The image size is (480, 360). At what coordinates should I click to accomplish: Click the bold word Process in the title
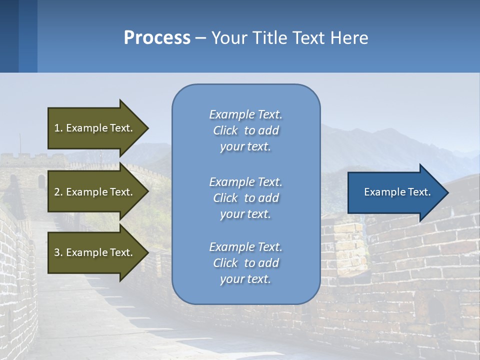[157, 37]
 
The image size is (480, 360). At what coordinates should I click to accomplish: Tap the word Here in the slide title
[349, 37]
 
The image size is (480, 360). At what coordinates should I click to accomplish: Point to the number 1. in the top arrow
[58, 128]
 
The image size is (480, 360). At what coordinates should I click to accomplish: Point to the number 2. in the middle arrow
[58, 192]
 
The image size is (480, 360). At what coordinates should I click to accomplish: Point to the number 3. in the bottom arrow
[58, 252]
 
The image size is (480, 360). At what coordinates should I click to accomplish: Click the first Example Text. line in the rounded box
[245, 114]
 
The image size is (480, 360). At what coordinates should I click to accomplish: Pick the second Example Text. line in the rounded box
[245, 182]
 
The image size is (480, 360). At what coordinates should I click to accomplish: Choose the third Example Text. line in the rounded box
[245, 247]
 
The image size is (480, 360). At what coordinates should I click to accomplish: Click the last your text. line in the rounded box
[245, 279]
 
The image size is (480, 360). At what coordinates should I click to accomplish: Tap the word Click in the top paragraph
[225, 131]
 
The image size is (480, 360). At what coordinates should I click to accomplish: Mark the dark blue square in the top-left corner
[9, 36]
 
